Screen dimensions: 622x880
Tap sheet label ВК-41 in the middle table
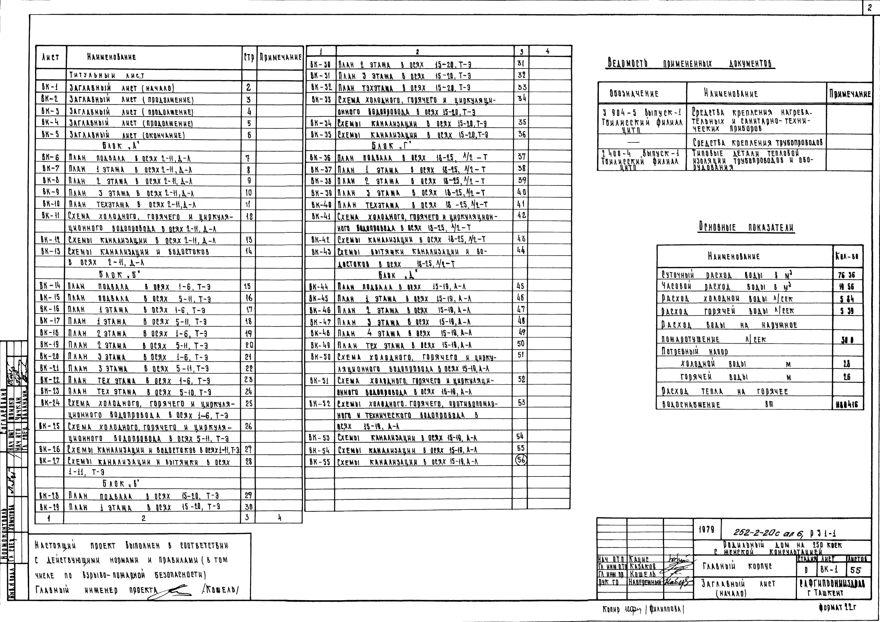pyautogui.click(x=321, y=216)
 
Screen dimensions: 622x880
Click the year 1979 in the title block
pyautogui.click(x=706, y=530)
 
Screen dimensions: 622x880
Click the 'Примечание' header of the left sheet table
pyautogui.click(x=280, y=58)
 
